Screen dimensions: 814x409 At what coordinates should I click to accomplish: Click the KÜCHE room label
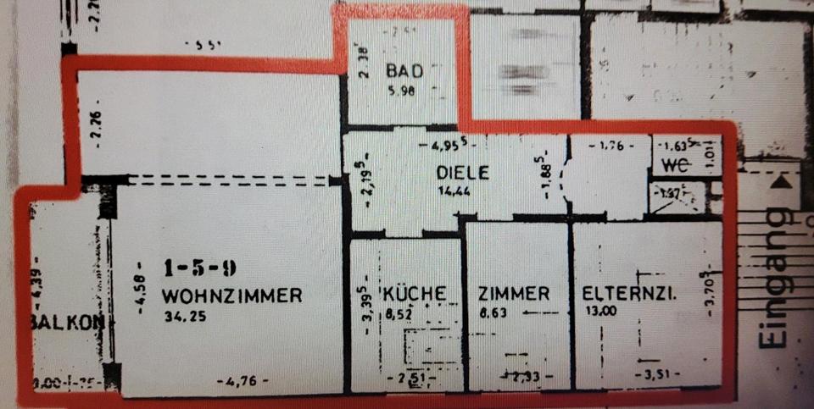point(415,294)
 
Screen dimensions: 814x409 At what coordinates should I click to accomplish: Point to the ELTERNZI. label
point(628,294)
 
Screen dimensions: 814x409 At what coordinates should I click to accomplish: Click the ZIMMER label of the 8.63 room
point(513,294)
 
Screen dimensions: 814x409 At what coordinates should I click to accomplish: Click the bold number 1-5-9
point(200,269)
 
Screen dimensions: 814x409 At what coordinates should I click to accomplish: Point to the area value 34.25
point(181,318)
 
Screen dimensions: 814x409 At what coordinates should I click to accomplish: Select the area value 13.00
point(599,312)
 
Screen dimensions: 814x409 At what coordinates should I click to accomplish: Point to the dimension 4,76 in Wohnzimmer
point(243,382)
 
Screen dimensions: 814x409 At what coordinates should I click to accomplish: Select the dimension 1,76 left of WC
point(612,146)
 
